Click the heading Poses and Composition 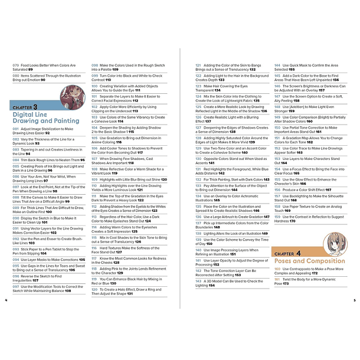pos(309,260)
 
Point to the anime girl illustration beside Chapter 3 pos(72,96)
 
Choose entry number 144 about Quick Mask pos(312,66)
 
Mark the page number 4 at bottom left pos(6,300)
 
